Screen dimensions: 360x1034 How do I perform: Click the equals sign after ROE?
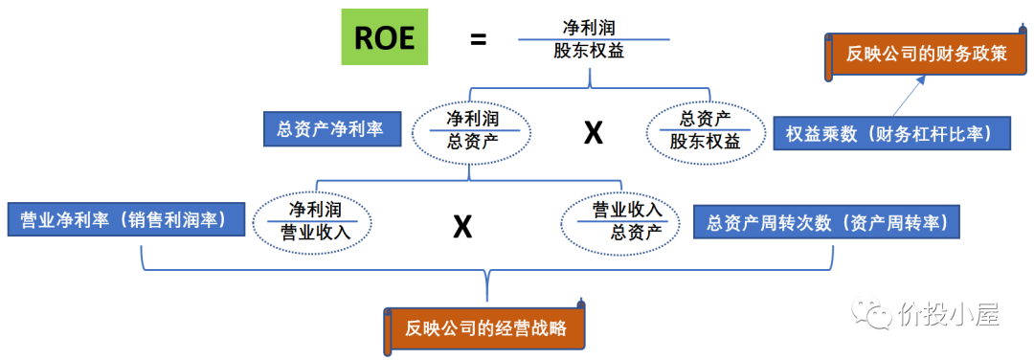(478, 39)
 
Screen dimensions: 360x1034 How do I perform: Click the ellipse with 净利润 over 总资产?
(472, 131)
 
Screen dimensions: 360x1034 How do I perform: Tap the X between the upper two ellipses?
(594, 132)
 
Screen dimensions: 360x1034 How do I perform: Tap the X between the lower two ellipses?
(462, 226)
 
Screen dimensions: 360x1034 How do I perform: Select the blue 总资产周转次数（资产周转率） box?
(826, 223)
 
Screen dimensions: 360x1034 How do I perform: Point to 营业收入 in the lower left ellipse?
(312, 232)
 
